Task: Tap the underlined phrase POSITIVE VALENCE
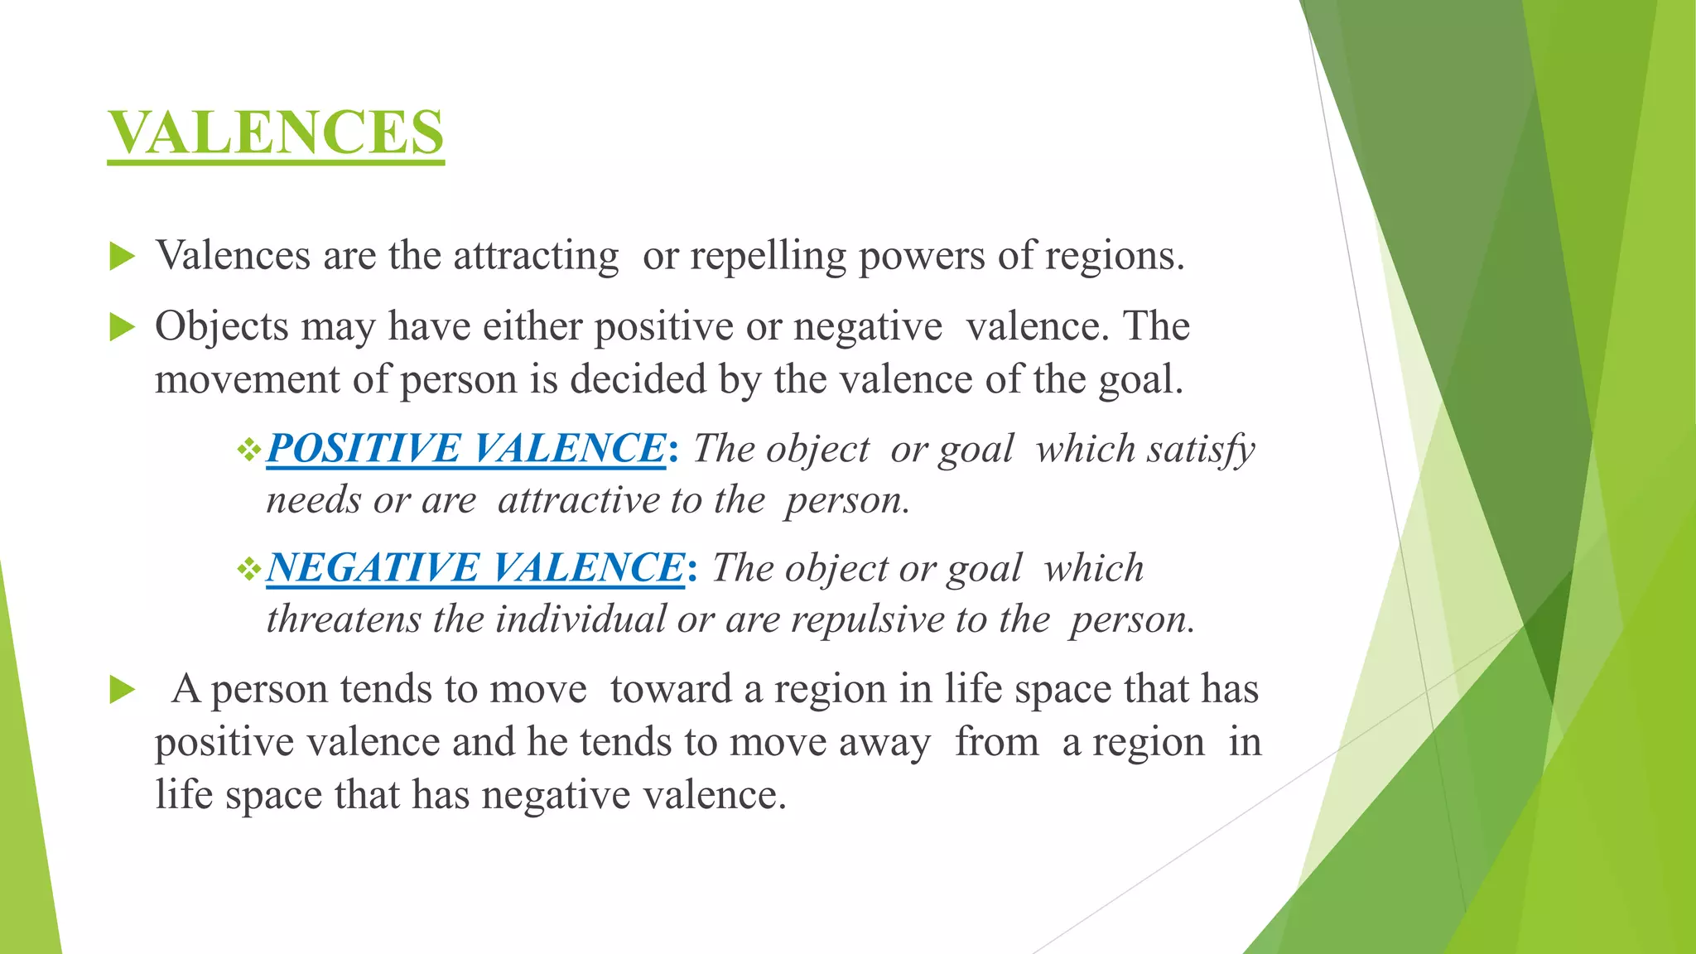pos(465,449)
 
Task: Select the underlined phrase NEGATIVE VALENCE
pos(475,568)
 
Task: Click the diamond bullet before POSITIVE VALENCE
pos(248,450)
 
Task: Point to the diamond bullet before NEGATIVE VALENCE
pos(248,570)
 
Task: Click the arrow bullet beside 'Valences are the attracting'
pos(122,257)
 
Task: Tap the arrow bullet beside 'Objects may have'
pos(122,328)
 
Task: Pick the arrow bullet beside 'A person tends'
pos(122,690)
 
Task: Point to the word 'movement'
pos(247,380)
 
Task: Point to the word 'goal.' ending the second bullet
pos(1141,380)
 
